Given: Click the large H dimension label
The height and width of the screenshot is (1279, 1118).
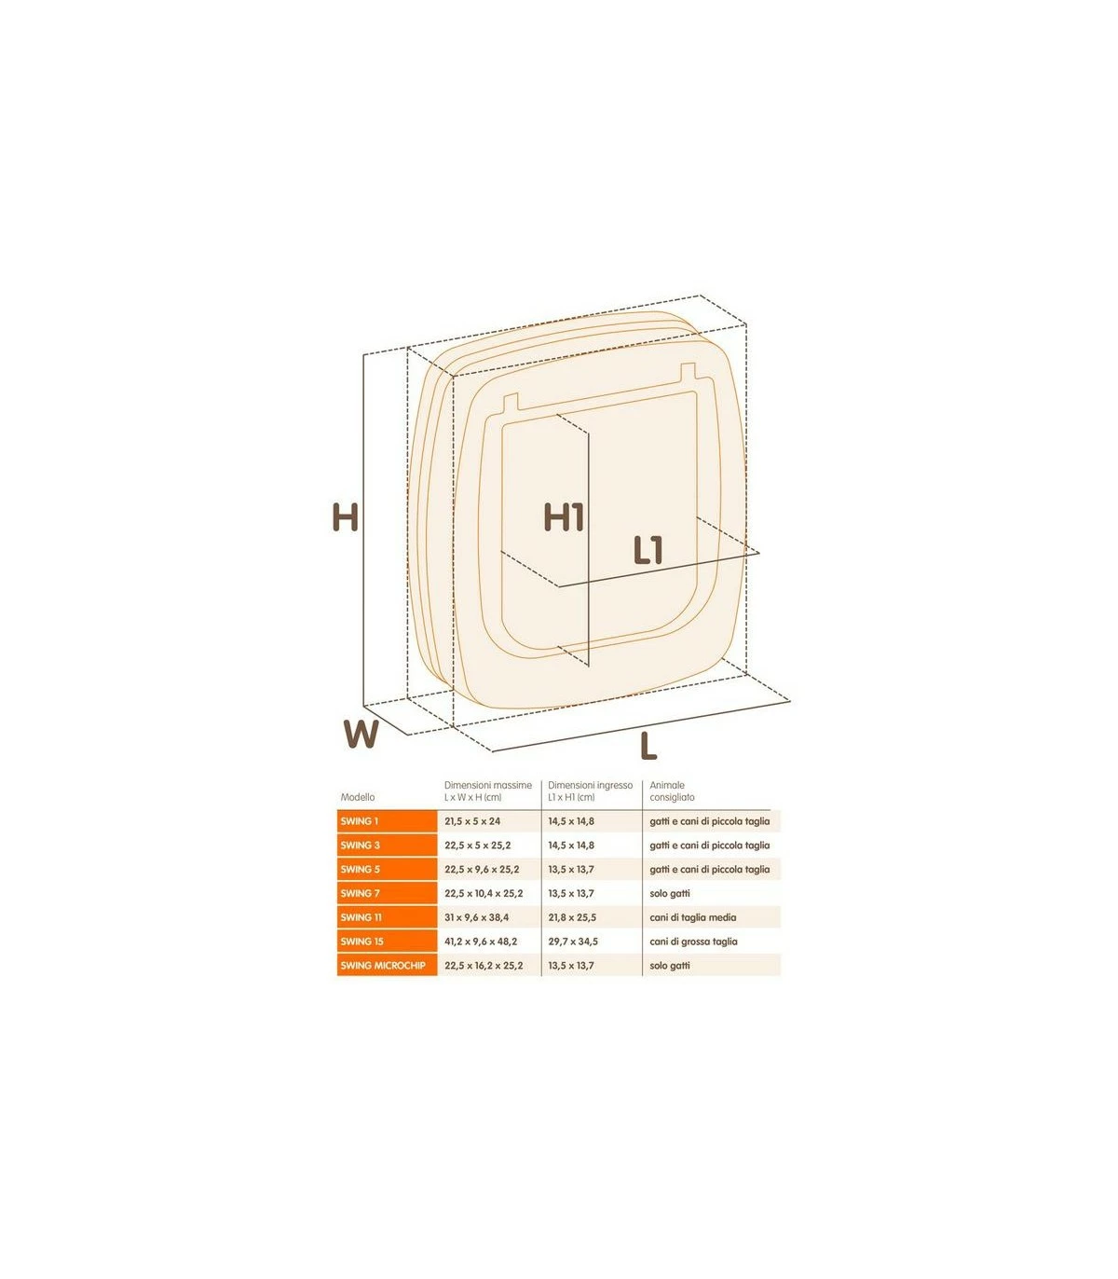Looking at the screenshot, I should [x=346, y=517].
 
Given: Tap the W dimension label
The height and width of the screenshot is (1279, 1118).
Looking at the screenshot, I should [x=361, y=735].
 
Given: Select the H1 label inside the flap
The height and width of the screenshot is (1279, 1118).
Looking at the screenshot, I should [x=564, y=517].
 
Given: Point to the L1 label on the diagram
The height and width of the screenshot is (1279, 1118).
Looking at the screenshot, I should [x=648, y=550].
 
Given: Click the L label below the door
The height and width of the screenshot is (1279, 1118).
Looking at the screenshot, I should [x=648, y=747].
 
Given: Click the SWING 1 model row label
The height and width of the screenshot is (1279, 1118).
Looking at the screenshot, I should [x=360, y=821].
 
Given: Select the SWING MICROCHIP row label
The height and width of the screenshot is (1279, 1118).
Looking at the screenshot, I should [x=383, y=966].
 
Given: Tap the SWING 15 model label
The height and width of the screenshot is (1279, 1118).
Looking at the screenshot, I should [x=362, y=942].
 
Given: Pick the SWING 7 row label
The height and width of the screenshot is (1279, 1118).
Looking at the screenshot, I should [x=361, y=893].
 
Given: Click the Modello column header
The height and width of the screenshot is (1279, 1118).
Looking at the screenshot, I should [x=358, y=797].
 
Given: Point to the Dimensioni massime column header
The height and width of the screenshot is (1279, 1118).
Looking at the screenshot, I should [x=487, y=791].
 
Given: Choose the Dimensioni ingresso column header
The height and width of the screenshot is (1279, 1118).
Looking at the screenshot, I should [x=590, y=791].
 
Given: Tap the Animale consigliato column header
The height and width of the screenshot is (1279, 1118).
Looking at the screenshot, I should [x=672, y=791].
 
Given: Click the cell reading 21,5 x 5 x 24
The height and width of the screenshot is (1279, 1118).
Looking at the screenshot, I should [x=472, y=821].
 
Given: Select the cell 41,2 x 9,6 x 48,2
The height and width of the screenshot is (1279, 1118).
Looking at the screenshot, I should [x=481, y=942].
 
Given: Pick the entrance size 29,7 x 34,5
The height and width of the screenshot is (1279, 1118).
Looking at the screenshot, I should [x=573, y=942].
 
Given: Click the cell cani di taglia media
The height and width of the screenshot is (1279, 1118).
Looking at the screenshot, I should [x=693, y=917].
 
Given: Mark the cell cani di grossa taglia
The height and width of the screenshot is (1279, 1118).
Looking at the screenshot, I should [x=694, y=942].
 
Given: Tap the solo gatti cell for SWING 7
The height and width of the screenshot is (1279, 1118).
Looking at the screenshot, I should [x=670, y=893].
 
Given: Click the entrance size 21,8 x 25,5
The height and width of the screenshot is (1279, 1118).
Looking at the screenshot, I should [x=572, y=917].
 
